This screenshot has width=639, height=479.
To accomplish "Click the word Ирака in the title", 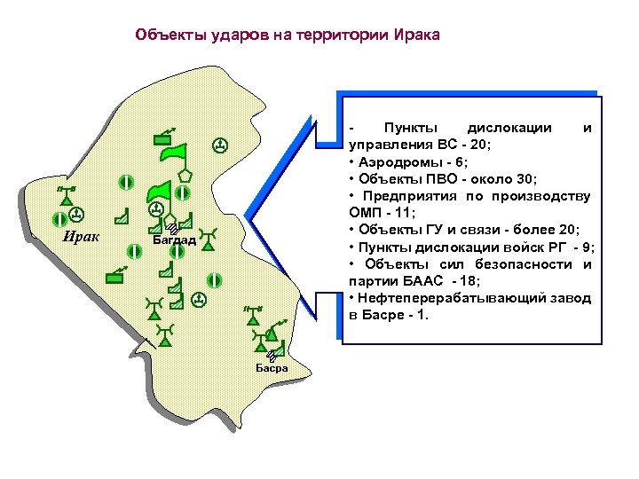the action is coord(415,35).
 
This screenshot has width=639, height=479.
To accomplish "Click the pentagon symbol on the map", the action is coord(185,174).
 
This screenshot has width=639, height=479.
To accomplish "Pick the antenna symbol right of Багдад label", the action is coord(209,235).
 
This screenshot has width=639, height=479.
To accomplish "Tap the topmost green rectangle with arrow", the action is coord(163,137).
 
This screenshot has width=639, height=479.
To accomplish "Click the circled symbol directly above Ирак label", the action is coord(76,214).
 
